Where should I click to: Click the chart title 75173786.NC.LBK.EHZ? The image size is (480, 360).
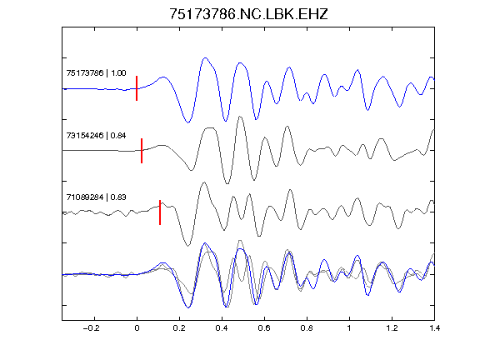point(248,14)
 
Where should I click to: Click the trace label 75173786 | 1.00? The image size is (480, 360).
point(96,72)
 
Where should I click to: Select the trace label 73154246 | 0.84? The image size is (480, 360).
point(96,135)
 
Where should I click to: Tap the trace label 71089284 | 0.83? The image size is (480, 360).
point(96,197)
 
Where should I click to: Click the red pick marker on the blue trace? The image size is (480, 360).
point(137,88)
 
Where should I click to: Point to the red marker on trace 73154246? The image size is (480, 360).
point(142,151)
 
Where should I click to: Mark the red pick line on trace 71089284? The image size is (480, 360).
point(160,212)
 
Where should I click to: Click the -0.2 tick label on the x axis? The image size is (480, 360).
point(91,328)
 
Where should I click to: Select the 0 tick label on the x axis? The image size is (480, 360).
point(137,328)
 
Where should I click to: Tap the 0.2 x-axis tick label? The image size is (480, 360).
point(179,328)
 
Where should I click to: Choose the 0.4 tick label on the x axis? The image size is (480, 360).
point(222,328)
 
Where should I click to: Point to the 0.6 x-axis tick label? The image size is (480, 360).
point(264,328)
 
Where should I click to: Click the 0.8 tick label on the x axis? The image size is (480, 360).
point(307,328)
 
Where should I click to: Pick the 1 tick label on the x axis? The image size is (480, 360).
point(349,328)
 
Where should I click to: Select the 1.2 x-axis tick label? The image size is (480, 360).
point(392,328)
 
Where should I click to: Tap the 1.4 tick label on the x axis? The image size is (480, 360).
point(434,328)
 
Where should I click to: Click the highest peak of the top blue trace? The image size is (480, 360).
point(205,57)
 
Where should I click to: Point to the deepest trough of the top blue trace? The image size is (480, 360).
point(188,122)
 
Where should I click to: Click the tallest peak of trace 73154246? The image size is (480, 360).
point(240,117)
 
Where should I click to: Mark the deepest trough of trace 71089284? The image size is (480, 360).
point(188,246)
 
